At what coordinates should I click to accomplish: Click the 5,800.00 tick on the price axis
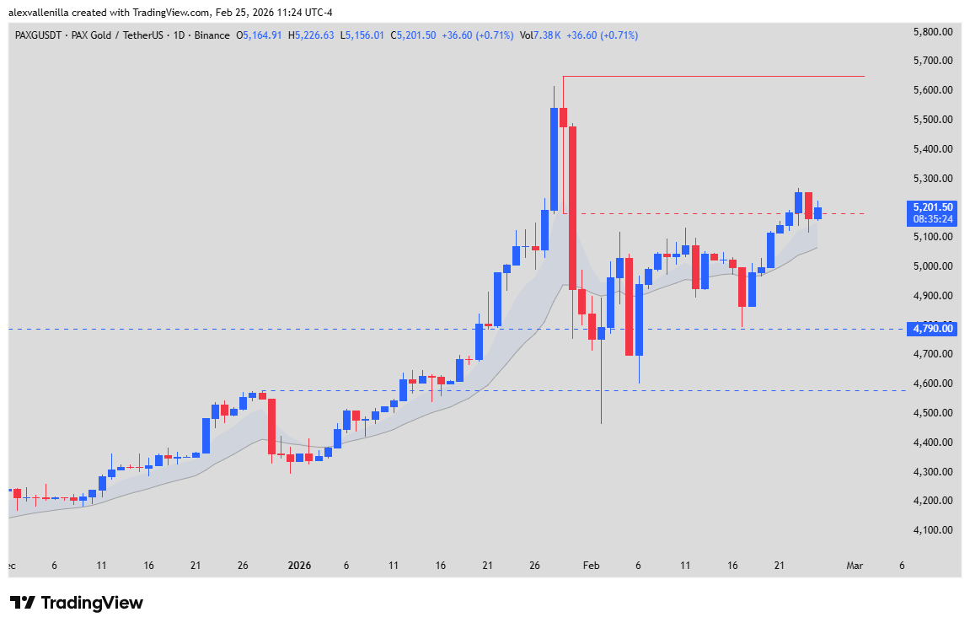coord(933,32)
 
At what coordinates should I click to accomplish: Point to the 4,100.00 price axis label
coord(933,530)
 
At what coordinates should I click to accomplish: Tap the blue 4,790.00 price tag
coord(933,328)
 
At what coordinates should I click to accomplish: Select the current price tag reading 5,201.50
coord(933,207)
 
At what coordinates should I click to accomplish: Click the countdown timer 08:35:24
coord(933,219)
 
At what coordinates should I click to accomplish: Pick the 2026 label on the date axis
coord(299,566)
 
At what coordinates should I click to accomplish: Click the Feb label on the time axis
coord(591,566)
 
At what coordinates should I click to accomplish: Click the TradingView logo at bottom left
coord(77,603)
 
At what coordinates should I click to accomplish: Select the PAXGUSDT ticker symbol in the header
coord(40,35)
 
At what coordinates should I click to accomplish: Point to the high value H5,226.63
coord(311,35)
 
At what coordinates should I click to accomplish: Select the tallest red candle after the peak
coord(573,207)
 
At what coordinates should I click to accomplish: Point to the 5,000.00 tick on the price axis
coord(933,266)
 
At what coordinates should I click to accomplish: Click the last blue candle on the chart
coord(817,213)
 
